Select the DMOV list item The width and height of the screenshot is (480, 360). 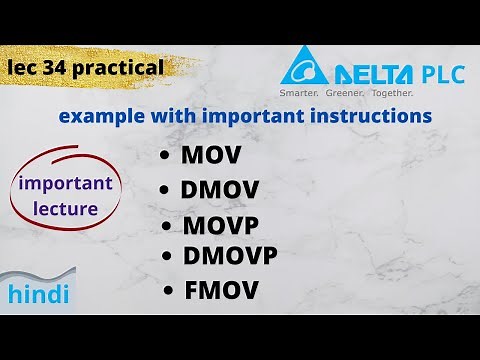(221, 190)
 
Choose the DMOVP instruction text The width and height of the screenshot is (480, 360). (230, 256)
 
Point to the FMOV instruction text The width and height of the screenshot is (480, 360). (222, 291)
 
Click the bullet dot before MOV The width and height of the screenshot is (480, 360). (165, 157)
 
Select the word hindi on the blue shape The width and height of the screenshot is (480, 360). (39, 294)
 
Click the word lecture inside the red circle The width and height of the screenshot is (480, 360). (64, 209)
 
